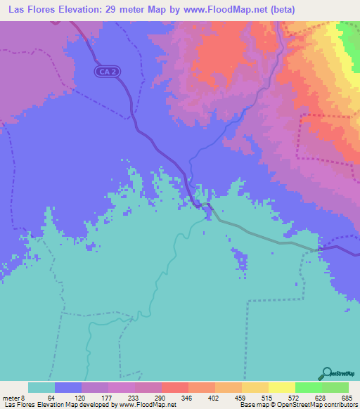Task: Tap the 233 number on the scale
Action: pyautogui.click(x=135, y=397)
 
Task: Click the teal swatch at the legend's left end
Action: pyautogui.click(x=41, y=387)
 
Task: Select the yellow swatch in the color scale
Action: pyautogui.click(x=281, y=387)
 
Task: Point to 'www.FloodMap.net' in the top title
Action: pyautogui.click(x=224, y=9)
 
